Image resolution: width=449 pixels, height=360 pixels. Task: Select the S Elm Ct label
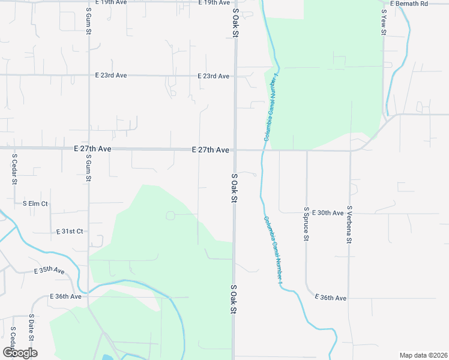(x=35, y=204)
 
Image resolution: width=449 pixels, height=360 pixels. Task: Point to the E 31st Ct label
(x=70, y=231)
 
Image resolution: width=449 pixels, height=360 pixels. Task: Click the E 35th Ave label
(x=49, y=271)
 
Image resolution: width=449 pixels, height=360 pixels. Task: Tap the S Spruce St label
(x=306, y=224)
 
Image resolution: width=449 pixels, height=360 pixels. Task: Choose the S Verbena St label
(x=349, y=224)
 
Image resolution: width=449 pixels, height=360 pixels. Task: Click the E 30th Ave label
(x=330, y=212)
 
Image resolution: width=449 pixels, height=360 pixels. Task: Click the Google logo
(x=20, y=353)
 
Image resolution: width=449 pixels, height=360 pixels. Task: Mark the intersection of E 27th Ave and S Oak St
(x=235, y=150)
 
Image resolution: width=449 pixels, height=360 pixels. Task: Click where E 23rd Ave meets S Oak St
(x=235, y=76)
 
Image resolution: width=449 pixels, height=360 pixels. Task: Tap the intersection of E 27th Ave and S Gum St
(x=89, y=148)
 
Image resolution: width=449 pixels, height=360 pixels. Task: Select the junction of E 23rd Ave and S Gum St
(x=89, y=76)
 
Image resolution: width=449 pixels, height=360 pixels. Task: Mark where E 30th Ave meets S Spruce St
(x=306, y=212)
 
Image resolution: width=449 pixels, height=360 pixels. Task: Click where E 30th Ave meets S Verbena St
(x=350, y=212)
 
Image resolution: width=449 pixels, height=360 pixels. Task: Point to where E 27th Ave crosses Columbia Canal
(x=264, y=150)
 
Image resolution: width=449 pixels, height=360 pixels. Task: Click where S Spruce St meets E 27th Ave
(x=307, y=151)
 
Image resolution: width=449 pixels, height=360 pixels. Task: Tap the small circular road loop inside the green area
(x=170, y=215)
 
